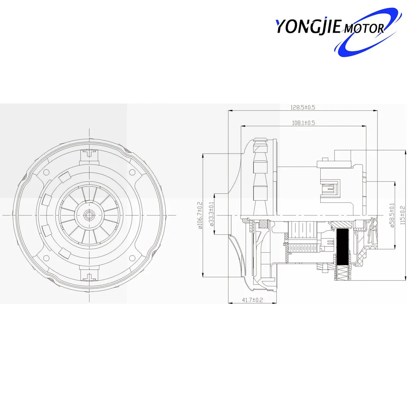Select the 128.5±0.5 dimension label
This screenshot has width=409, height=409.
click(x=303, y=108)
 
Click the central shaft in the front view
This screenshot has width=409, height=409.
click(x=89, y=214)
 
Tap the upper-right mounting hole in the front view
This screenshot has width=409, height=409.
click(x=132, y=172)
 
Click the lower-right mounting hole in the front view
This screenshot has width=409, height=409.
click(x=132, y=258)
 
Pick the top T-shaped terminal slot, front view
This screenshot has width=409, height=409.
click(x=89, y=155)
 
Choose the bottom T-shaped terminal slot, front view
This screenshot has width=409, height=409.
click(x=89, y=277)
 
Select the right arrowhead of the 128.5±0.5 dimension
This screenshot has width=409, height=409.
click(x=375, y=110)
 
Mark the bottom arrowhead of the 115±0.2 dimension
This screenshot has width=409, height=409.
click(x=400, y=279)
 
